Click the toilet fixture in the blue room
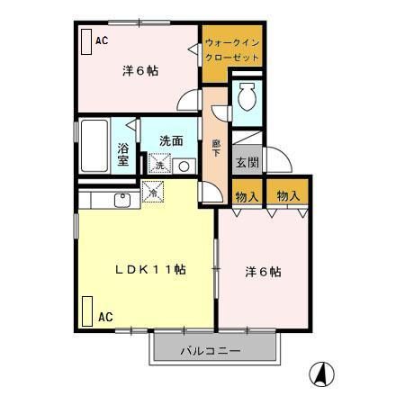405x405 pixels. tap(247, 95)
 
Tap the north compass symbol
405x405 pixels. tap(320, 372)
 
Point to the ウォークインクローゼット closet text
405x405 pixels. tap(231, 49)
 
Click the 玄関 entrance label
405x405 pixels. tap(247, 163)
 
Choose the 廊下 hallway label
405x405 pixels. tap(216, 148)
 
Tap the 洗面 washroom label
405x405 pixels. tap(172, 141)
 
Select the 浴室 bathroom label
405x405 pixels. tap(124, 155)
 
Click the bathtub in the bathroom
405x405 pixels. tap(94, 147)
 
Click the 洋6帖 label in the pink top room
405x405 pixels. tap(140, 71)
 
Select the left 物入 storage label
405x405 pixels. tap(247, 196)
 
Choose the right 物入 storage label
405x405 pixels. tap(288, 196)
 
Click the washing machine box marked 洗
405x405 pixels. tap(159, 166)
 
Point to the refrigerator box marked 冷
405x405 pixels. tap(154, 192)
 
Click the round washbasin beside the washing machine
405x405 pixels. tap(184, 166)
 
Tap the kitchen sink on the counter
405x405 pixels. tap(124, 198)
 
